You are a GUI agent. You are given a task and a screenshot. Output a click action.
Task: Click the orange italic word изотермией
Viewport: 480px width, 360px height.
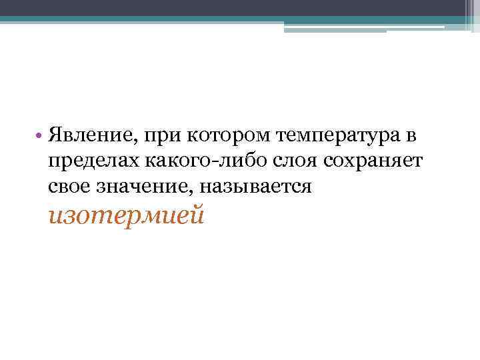click(126, 215)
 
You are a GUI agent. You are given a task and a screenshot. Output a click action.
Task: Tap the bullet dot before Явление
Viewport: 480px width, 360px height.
click(40, 137)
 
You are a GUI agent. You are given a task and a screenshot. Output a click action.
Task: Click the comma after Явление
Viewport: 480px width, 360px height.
click(137, 143)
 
